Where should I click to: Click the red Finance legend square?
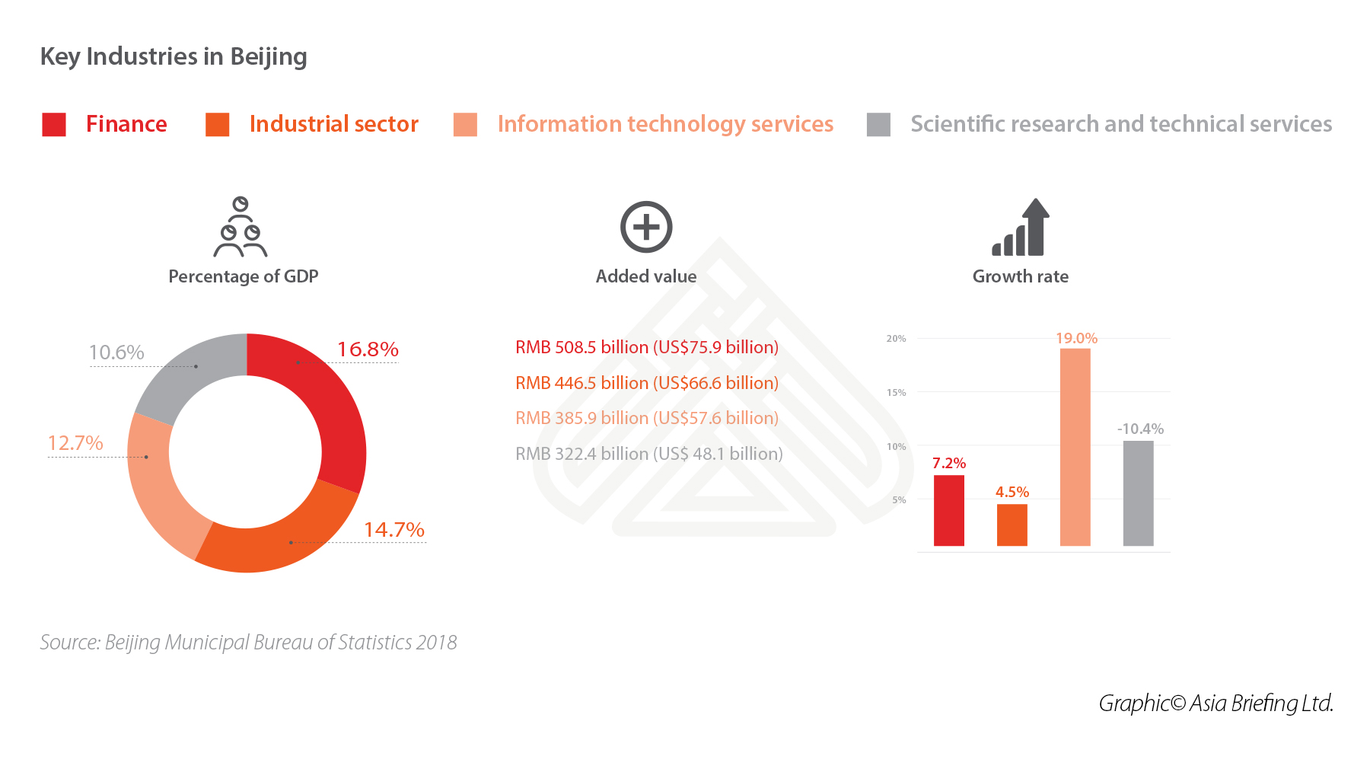[x=54, y=124]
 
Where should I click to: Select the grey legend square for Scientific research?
[x=878, y=124]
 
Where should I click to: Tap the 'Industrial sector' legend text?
[x=333, y=124]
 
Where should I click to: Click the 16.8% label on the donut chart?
[x=368, y=349]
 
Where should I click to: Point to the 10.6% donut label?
[x=116, y=353]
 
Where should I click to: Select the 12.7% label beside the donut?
[x=75, y=443]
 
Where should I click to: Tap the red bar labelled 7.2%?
[x=948, y=510]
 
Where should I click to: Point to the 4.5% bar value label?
[x=1012, y=492]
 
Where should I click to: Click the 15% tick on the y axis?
[x=896, y=393]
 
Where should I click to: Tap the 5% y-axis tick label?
[x=899, y=500]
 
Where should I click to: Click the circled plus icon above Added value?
[x=646, y=227]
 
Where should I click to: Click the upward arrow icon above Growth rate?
[x=1021, y=227]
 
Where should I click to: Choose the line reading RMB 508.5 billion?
[x=647, y=347]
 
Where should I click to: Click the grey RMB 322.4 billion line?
[x=648, y=454]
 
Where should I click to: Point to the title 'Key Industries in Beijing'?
[x=174, y=57]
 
